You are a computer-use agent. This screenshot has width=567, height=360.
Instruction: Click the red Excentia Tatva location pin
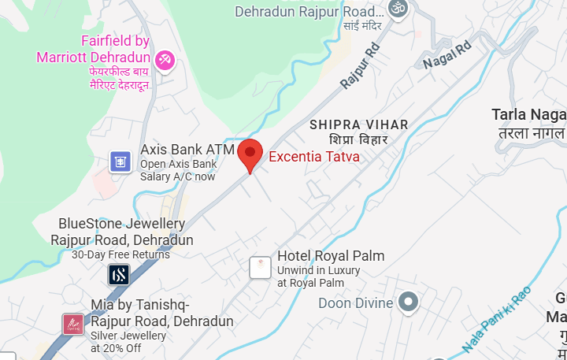[250, 153]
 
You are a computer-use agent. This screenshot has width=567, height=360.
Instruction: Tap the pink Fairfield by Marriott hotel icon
[165, 59]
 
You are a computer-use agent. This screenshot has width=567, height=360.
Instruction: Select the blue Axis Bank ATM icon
[120, 162]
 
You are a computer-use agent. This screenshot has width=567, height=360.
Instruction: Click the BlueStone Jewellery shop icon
[119, 274]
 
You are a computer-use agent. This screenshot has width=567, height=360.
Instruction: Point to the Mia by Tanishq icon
[72, 323]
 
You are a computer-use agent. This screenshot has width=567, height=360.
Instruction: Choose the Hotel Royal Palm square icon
[260, 268]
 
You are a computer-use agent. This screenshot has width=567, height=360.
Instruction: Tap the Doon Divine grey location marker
[407, 301]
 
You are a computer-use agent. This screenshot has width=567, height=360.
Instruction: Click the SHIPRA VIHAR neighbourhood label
[359, 124]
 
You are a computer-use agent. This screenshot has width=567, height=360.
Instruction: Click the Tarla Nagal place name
[528, 115]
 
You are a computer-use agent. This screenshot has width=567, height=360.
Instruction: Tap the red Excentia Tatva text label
[314, 157]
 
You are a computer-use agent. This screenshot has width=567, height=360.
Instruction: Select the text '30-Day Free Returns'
[120, 254]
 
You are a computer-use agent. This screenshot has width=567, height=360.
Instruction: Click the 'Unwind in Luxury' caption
[318, 270]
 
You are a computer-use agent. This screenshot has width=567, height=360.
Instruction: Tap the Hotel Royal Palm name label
[331, 256]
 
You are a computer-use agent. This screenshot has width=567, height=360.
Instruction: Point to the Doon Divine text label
[354, 302]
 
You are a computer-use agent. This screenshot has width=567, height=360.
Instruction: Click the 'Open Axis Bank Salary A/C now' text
[178, 170]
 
